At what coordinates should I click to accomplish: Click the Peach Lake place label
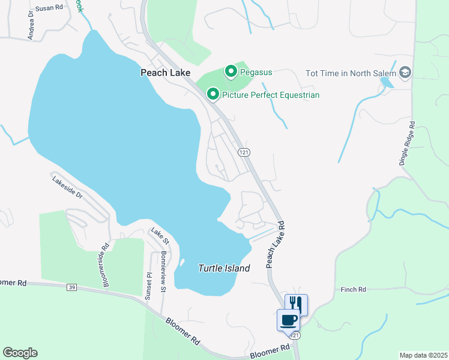[x=165, y=73]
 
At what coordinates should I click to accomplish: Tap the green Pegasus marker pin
[x=231, y=72]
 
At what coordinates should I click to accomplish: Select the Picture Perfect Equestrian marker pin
[x=212, y=94]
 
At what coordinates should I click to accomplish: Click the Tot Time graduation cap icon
[x=405, y=73]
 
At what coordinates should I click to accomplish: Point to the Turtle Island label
[x=224, y=269]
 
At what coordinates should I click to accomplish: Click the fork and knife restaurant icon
[x=296, y=304]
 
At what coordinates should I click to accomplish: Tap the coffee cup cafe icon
[x=288, y=319]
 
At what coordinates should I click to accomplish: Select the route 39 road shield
[x=72, y=288]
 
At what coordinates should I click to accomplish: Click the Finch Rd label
[x=353, y=290]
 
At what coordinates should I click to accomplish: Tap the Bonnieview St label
[x=163, y=271]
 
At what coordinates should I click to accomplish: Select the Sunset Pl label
[x=148, y=278]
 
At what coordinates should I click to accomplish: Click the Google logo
[x=20, y=353]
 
